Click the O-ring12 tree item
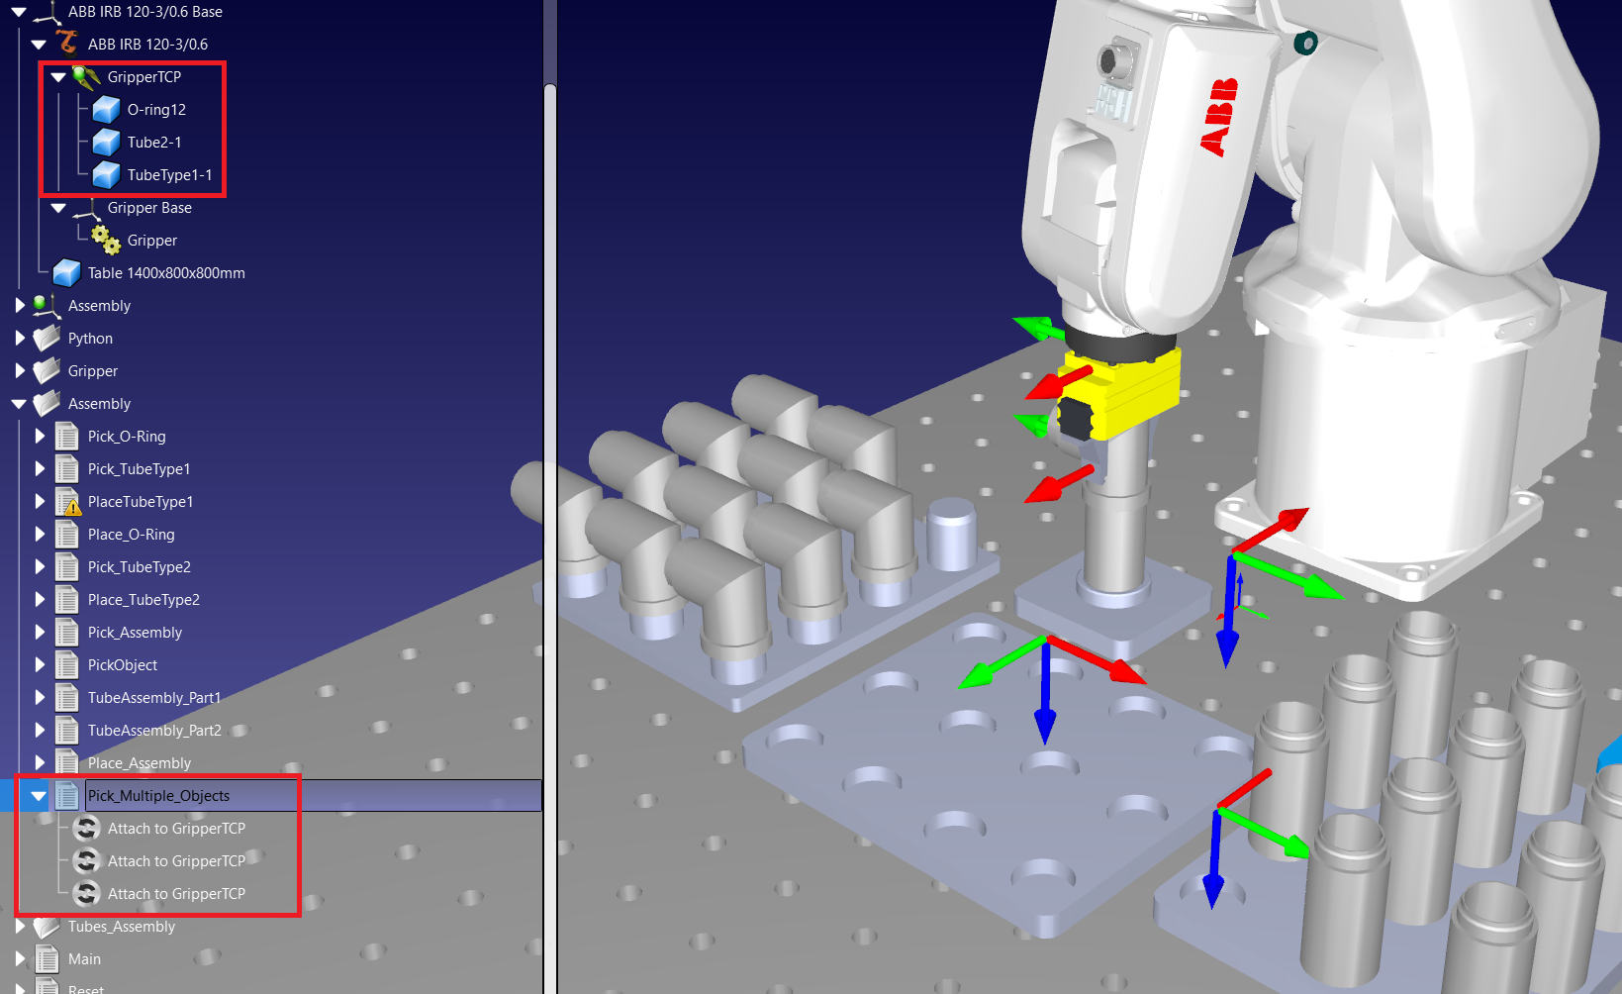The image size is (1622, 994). coord(155,110)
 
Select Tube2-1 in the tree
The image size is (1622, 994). coord(153,143)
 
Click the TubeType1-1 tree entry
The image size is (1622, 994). coord(169,175)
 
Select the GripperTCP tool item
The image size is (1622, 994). coord(143,77)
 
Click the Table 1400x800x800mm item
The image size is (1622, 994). coord(165,273)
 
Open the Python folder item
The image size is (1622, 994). coord(90,339)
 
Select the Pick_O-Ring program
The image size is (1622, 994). coord(126,437)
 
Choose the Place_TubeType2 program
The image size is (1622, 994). coord(143,600)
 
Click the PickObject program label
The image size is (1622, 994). coord(123,665)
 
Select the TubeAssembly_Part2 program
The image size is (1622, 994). coord(154,731)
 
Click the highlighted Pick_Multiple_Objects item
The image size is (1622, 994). coord(158,796)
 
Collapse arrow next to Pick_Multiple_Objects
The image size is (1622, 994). coord(39,796)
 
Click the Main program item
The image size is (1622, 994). coord(84,959)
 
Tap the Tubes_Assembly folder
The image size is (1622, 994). coord(121,927)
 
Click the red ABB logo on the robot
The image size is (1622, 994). coord(1220,117)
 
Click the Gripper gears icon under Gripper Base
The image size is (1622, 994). coord(105,240)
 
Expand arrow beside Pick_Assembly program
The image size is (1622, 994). coord(40,633)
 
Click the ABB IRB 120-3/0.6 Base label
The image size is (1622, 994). coord(144,12)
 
